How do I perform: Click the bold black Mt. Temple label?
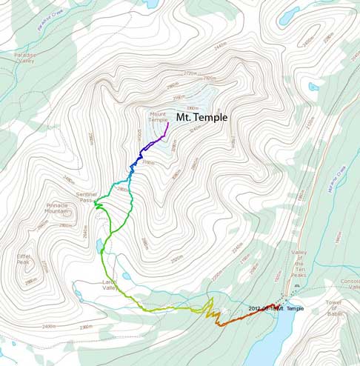click(201, 117)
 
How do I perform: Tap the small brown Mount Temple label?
click(158, 117)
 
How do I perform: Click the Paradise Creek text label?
click(50, 15)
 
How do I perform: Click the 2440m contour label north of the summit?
click(219, 46)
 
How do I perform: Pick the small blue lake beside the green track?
click(99, 244)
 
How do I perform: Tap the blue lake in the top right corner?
click(289, 14)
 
